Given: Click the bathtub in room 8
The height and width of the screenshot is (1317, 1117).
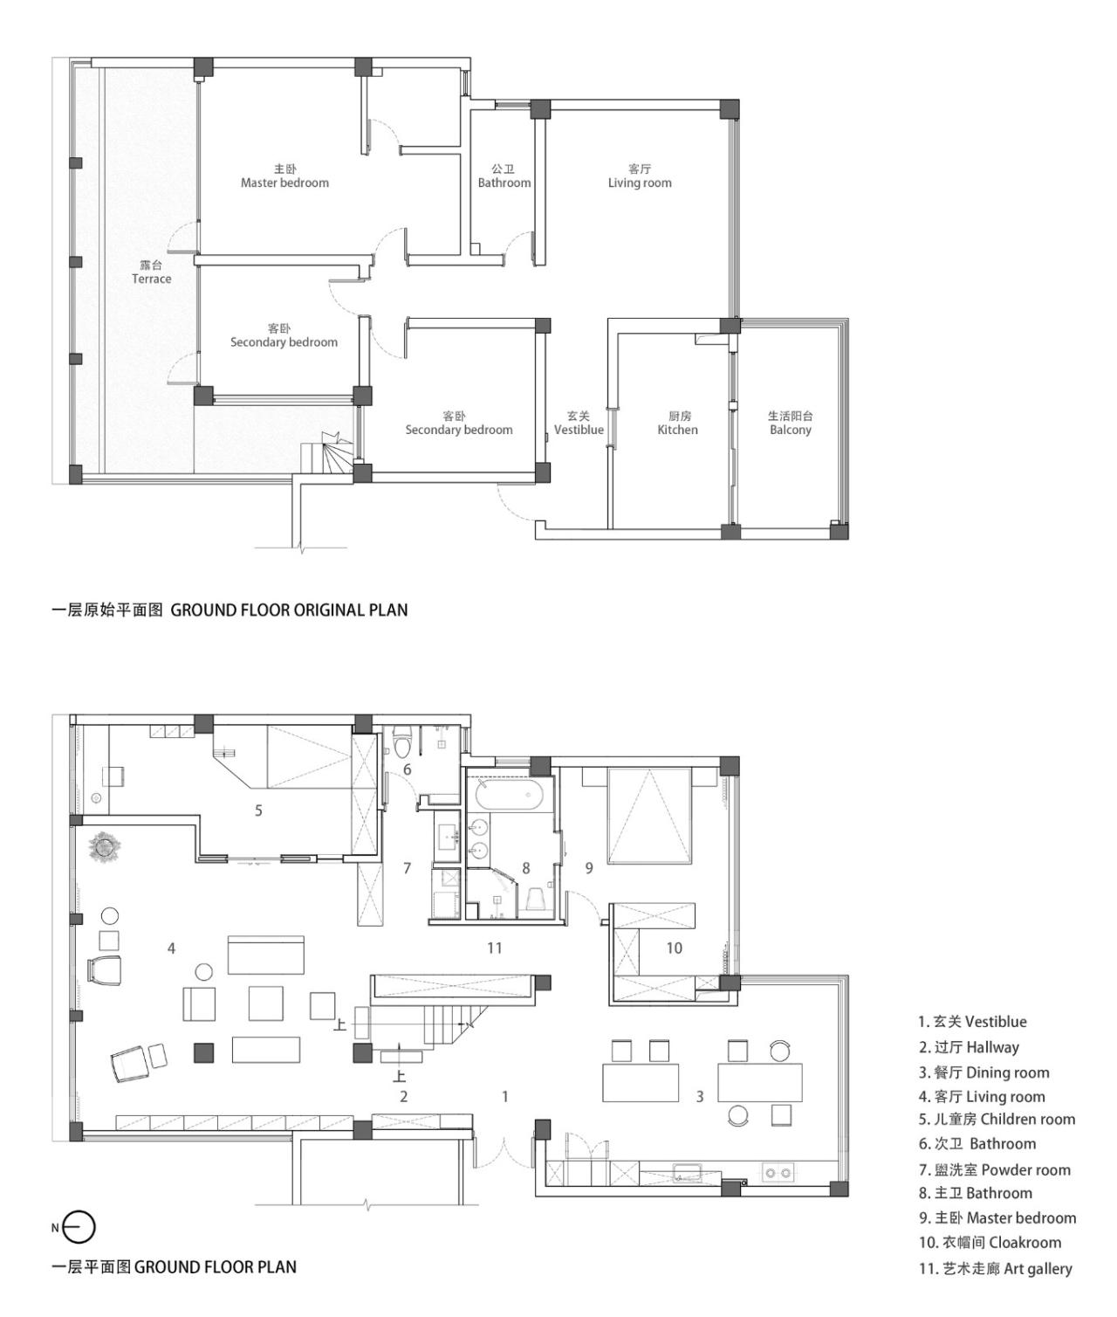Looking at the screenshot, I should click(509, 796).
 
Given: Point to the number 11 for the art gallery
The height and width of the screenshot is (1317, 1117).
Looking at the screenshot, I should click(495, 948).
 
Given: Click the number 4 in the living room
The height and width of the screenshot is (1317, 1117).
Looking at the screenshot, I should click(172, 948).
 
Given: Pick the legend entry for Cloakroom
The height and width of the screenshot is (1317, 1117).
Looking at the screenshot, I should click(990, 1243).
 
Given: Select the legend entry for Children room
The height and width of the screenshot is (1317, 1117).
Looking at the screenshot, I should click(997, 1120).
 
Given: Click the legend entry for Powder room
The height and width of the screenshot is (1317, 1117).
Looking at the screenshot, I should click(994, 1170).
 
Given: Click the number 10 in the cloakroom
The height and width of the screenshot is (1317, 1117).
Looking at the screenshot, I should click(674, 948).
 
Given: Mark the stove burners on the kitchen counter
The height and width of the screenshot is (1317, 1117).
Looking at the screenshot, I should click(777, 1172).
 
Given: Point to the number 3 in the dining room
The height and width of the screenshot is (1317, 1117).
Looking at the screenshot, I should click(700, 1096).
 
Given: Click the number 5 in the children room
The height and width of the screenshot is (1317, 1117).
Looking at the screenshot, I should click(258, 810).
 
